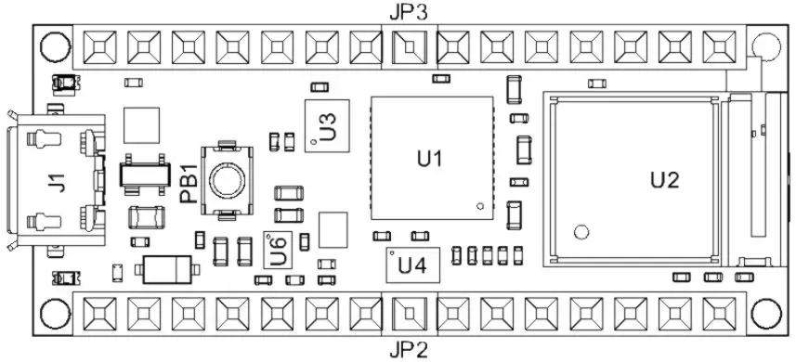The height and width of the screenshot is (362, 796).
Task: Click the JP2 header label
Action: (x=408, y=350)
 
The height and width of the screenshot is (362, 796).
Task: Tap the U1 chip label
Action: (x=429, y=158)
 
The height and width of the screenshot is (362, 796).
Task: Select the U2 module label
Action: (x=664, y=179)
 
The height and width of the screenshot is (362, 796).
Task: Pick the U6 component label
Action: (x=277, y=250)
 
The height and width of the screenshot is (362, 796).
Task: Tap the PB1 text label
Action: (x=188, y=184)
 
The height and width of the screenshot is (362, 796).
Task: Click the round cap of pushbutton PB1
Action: (x=227, y=178)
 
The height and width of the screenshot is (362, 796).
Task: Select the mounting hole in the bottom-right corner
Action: (x=767, y=314)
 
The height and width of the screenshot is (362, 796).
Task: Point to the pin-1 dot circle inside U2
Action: (x=581, y=232)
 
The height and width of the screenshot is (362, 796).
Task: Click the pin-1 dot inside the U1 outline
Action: (x=479, y=206)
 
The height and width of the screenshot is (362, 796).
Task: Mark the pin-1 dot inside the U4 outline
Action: (x=394, y=253)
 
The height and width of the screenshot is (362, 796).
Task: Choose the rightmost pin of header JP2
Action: (x=718, y=313)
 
